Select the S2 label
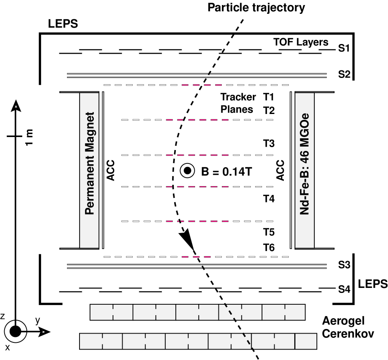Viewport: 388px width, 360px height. point(344,75)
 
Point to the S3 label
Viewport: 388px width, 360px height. point(344,265)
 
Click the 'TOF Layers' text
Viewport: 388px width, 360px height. point(301,42)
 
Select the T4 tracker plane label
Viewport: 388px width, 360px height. point(269,199)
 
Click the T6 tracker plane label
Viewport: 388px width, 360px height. point(269,248)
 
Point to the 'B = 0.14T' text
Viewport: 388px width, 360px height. point(226,171)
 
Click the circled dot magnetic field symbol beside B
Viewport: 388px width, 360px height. point(188,171)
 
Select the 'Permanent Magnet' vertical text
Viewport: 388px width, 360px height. point(91,163)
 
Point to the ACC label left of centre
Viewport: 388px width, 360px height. point(110,170)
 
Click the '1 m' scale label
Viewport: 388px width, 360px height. point(29,137)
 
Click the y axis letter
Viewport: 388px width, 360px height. point(37,321)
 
